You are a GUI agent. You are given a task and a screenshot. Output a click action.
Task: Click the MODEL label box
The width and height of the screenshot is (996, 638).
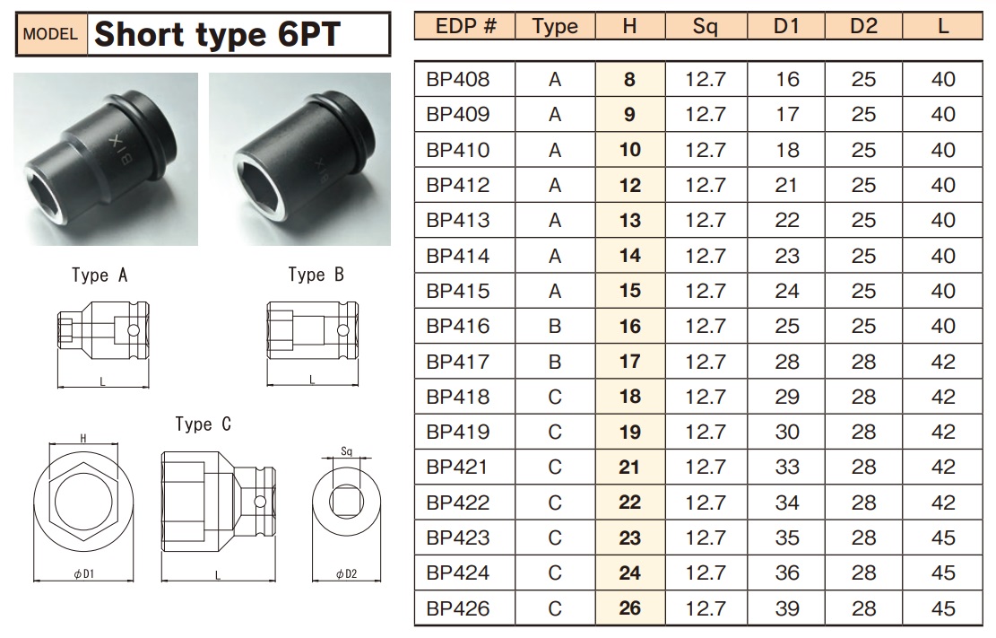(x=51, y=35)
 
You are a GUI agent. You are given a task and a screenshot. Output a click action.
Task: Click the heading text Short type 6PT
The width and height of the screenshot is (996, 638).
(x=217, y=34)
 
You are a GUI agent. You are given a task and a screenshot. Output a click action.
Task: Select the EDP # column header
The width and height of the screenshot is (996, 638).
(x=465, y=26)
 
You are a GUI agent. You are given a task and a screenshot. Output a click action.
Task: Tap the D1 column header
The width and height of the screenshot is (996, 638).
(x=786, y=26)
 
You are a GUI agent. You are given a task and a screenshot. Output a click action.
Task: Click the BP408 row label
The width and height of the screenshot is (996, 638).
(x=458, y=79)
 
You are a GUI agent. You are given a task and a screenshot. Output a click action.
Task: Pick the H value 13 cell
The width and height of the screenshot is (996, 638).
(x=630, y=220)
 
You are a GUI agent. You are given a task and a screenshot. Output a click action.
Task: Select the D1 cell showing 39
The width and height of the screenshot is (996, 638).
(x=786, y=608)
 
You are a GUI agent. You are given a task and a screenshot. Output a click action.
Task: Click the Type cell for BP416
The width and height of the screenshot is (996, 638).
(x=555, y=326)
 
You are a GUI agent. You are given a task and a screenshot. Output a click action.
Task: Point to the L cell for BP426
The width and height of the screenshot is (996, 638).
(x=943, y=608)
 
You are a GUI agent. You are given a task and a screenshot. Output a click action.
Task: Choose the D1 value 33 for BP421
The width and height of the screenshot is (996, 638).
(x=786, y=467)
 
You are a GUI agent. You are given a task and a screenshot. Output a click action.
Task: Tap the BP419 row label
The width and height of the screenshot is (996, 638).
(x=458, y=432)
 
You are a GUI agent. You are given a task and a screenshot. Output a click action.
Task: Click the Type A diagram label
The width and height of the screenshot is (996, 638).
(x=100, y=275)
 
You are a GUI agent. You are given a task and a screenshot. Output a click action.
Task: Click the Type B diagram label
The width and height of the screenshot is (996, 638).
(x=316, y=275)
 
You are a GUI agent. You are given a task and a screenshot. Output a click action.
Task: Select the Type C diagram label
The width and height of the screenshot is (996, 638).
(x=203, y=424)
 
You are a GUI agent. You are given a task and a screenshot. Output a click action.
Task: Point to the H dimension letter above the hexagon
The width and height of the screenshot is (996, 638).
(x=83, y=438)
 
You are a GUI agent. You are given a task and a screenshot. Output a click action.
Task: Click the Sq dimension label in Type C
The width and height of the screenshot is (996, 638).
(x=346, y=451)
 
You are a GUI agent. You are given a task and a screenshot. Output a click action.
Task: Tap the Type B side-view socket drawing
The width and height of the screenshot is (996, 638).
(x=313, y=331)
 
